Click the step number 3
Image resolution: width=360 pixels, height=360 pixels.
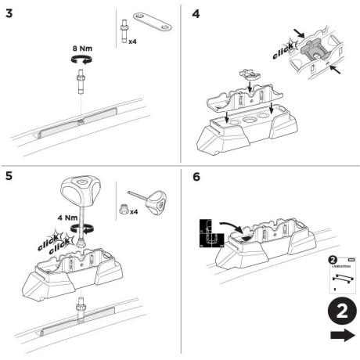point(9,13)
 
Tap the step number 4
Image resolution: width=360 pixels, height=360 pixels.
point(196,13)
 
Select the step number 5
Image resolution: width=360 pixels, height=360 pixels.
point(9,176)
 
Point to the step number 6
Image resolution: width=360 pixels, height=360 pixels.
point(196,176)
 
